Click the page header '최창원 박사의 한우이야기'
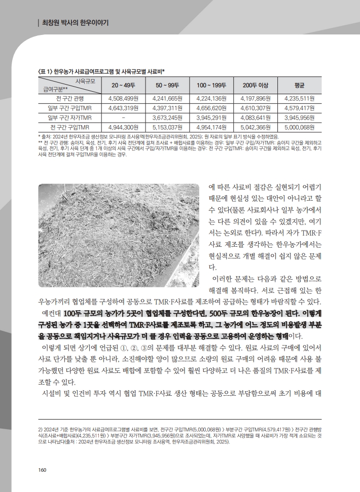point(76,23)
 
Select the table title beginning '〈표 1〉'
point(102,71)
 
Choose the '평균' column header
point(299,85)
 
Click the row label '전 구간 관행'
point(70,98)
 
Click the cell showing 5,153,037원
point(165,127)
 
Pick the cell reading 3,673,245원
point(165,117)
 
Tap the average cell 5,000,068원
point(300,127)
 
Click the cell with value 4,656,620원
point(209,108)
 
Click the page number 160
point(43,470)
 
